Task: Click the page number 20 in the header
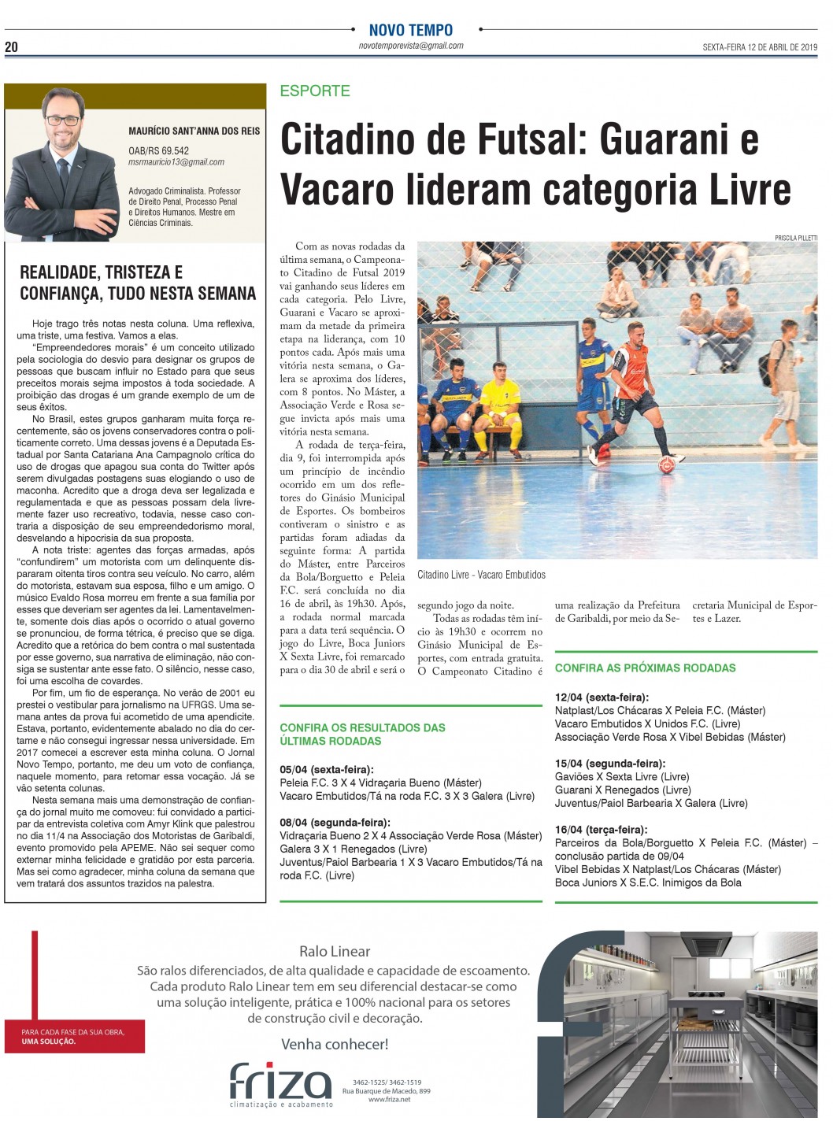(x=11, y=47)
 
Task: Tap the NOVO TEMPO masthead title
(x=411, y=30)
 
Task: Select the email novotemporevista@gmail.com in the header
(x=410, y=46)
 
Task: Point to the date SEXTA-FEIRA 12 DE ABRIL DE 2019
(x=761, y=47)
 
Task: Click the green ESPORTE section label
(x=315, y=91)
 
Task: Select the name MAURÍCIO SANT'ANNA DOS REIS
(x=194, y=131)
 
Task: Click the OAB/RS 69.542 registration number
(x=158, y=150)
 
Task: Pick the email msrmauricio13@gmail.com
(x=176, y=162)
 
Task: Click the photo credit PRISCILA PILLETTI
(x=796, y=237)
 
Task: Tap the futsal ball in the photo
(x=667, y=464)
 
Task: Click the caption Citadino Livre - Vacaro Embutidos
(x=482, y=575)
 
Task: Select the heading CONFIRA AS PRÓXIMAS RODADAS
(x=645, y=668)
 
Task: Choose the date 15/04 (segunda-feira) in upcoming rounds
(x=609, y=764)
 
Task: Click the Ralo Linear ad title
(x=335, y=951)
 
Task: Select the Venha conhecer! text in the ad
(x=335, y=1045)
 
